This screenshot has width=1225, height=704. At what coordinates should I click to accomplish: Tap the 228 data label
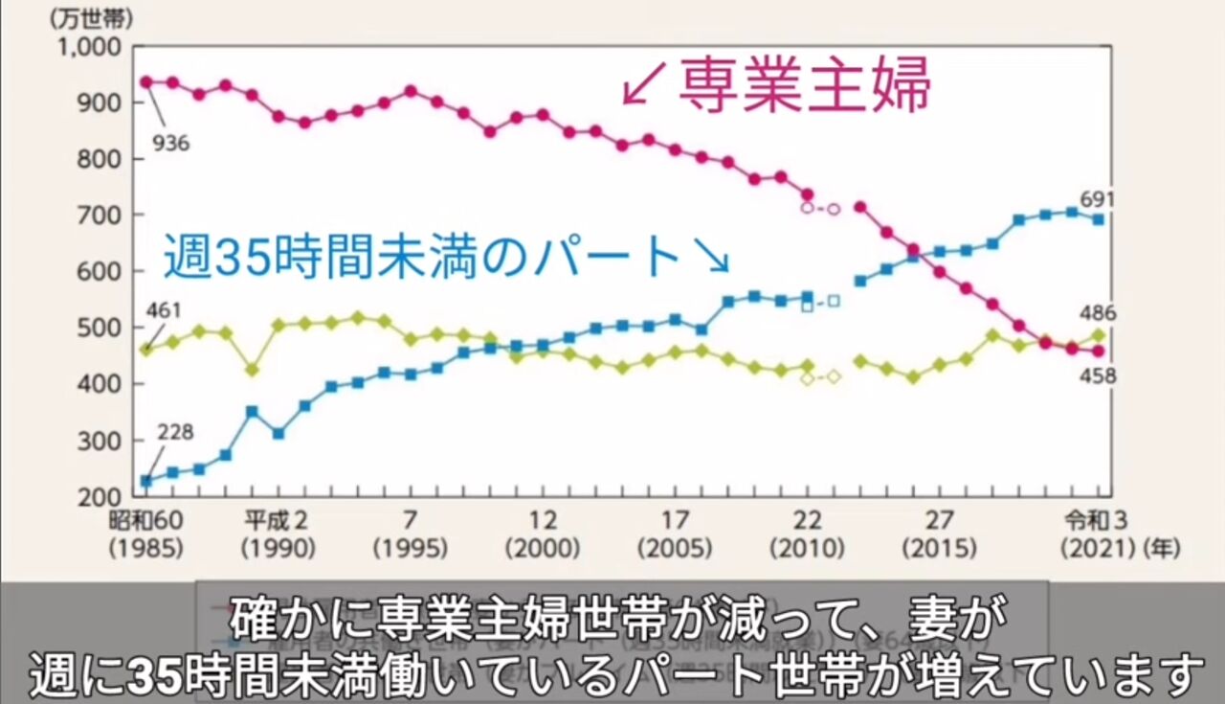[174, 433]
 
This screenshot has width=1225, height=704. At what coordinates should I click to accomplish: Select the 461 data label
[164, 311]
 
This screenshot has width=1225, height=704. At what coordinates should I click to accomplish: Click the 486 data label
[1097, 313]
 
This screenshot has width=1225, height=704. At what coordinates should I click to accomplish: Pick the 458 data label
[1097, 376]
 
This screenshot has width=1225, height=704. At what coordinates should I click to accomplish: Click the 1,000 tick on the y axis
[91, 47]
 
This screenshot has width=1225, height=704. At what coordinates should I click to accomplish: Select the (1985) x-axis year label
[145, 549]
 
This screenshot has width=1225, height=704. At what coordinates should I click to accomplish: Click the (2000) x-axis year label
[543, 549]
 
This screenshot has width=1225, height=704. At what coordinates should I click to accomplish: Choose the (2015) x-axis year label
[939, 549]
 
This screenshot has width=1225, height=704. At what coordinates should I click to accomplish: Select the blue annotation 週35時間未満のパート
[420, 257]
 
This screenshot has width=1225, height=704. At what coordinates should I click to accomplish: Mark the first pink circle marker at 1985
[146, 82]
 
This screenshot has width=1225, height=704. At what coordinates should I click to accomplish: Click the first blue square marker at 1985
[146, 481]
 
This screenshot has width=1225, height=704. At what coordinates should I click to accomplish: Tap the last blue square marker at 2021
[1098, 219]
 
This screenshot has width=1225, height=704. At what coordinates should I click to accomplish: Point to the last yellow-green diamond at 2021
[1098, 335]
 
